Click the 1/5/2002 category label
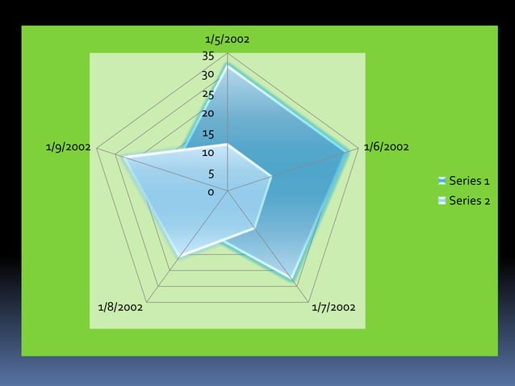click(x=227, y=39)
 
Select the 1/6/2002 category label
click(x=385, y=147)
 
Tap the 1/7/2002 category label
click(x=333, y=307)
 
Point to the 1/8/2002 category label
click(x=120, y=307)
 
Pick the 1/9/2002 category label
click(x=68, y=147)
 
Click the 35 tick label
click(x=207, y=57)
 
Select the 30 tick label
click(x=207, y=75)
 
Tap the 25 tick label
click(x=207, y=94)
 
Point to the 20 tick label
click(x=207, y=114)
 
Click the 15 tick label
click(x=207, y=134)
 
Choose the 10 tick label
click(x=207, y=153)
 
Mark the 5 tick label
click(x=211, y=174)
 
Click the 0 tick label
click(x=211, y=192)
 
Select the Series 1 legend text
click(x=469, y=180)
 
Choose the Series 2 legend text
click(x=469, y=200)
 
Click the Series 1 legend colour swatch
click(x=442, y=180)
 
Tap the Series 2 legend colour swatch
click(x=442, y=200)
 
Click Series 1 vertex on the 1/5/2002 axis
click(x=228, y=66)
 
